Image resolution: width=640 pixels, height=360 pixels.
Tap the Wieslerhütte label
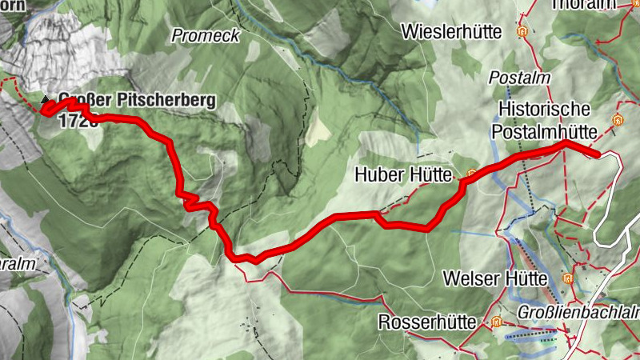click(x=453, y=32)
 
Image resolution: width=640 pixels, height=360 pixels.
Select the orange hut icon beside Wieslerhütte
click(x=522, y=33)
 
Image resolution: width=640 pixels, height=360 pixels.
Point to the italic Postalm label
click(x=510, y=78)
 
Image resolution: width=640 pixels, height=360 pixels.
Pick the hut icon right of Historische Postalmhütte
click(x=617, y=120)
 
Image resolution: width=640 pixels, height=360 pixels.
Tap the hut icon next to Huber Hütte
click(x=472, y=173)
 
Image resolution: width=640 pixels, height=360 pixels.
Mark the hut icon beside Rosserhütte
click(x=496, y=322)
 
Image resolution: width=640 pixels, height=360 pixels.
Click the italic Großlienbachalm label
click(x=578, y=312)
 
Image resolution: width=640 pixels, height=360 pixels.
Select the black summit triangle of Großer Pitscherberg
click(x=45, y=99)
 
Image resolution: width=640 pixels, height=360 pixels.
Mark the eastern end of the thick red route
click(x=598, y=152)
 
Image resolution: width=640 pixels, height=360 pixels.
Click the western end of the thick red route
click(x=45, y=112)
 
